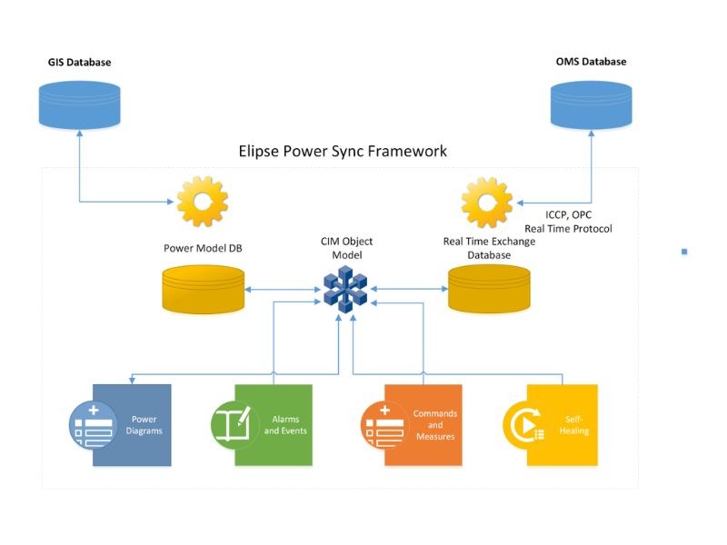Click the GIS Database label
click(79, 63)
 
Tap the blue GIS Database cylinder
click(79, 104)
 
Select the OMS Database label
click(591, 62)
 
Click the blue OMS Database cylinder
click(592, 104)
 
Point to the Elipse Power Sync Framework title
click(342, 151)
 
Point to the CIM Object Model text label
click(345, 248)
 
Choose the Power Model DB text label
click(203, 247)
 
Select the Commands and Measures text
click(435, 424)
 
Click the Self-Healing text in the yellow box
click(574, 425)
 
